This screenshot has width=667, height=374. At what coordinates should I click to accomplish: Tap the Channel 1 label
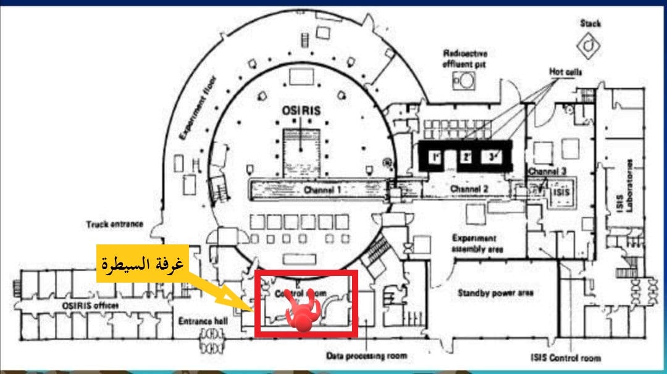(x=322, y=190)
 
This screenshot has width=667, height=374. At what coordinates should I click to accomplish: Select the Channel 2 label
(x=469, y=188)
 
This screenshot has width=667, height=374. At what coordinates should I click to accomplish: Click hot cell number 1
(x=435, y=157)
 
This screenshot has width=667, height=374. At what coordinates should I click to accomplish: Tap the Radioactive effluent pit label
(x=465, y=59)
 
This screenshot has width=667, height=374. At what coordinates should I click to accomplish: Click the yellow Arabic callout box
(x=141, y=267)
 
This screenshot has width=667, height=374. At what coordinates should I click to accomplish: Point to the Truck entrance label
(x=115, y=225)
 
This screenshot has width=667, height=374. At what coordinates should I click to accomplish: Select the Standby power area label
(x=495, y=293)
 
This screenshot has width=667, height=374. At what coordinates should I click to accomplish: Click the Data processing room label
(x=367, y=356)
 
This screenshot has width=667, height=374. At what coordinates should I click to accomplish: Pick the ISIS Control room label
(x=565, y=357)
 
